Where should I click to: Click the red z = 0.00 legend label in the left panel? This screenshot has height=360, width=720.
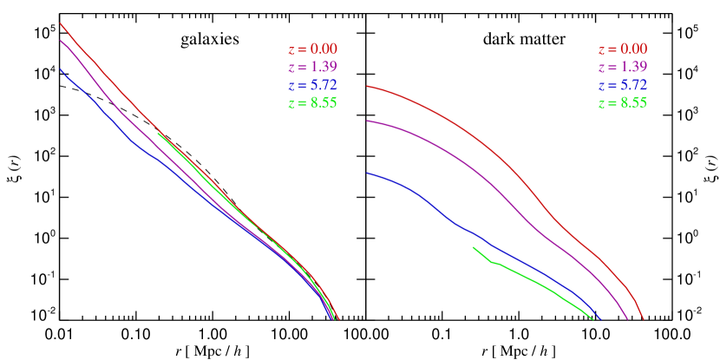pos(312,50)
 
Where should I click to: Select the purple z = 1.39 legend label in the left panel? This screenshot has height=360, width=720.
pos(312,68)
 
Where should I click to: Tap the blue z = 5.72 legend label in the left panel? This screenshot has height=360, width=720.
pos(312,85)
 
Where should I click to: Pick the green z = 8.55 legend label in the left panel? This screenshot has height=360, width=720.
pos(312,102)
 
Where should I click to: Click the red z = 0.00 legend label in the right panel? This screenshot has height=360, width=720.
pos(622,50)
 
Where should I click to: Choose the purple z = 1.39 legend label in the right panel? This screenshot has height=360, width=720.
pos(622,68)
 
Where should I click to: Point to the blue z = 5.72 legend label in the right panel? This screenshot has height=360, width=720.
pos(622,85)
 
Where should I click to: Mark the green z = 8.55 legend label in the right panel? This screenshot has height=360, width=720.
pos(622,102)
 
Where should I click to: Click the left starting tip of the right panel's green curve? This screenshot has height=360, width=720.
pos(474,247)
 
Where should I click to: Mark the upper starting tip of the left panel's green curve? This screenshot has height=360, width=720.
pos(158,134)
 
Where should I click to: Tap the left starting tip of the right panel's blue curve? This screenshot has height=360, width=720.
pos(368,173)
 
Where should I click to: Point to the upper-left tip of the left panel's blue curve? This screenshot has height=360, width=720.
pos(60,69)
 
